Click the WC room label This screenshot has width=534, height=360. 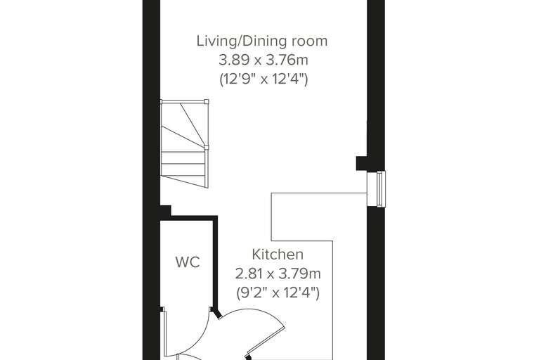coord(188,262)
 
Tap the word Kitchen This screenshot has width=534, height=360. coord(278,255)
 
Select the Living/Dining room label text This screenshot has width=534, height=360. coord(262,41)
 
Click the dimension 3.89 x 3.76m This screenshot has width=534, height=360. coord(263,60)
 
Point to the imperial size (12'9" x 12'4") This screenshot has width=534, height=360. coord(263,79)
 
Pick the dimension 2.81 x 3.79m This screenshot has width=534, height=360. coord(278,274)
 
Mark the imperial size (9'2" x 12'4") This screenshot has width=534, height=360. coord(278,292)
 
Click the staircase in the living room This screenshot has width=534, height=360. coord(184,143)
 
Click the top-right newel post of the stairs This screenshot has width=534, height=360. coord(206,101)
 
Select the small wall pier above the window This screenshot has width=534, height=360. coord(361,163)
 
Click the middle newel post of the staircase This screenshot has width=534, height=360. coord(206,147)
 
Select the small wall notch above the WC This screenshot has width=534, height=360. coord(166,210)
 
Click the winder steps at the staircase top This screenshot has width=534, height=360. coord(183,124)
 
